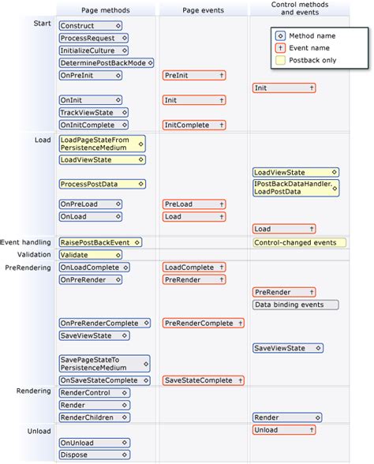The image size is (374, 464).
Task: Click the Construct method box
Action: (x=90, y=26)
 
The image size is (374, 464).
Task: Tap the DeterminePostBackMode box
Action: (x=106, y=62)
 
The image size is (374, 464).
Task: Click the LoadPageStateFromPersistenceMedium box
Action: (x=101, y=143)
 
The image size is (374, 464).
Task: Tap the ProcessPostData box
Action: (x=101, y=184)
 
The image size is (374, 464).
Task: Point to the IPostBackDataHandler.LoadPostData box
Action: (x=296, y=188)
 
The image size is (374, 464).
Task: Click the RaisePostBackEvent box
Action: (x=99, y=242)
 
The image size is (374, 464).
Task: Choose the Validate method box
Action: (x=90, y=255)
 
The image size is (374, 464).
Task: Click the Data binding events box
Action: (x=294, y=305)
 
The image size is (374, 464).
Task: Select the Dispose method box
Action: (x=90, y=455)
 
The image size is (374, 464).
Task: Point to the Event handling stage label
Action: (x=25, y=242)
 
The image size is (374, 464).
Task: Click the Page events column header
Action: (x=202, y=9)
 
